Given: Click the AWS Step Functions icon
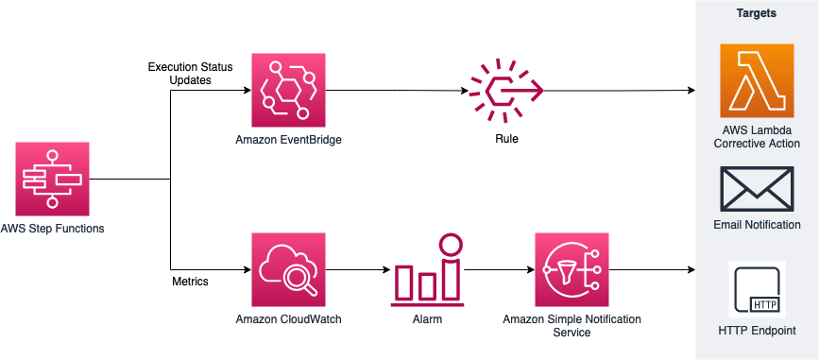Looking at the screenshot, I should pos(52,179).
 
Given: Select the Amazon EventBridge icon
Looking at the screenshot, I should pos(288,91).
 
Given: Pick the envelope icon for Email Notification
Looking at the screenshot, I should pos(757,190).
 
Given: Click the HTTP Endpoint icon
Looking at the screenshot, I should pos(757,289).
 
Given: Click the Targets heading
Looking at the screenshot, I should pos(757,14).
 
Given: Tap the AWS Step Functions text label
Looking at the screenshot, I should pos(52,229).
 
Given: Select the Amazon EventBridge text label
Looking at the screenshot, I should pos(288,140).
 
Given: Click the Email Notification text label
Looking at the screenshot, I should pos(757,225).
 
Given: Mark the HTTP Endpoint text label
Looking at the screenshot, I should pos(757,331).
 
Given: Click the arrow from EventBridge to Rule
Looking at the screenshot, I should pos(397,92).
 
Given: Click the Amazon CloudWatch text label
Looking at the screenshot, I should pos(288,319).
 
